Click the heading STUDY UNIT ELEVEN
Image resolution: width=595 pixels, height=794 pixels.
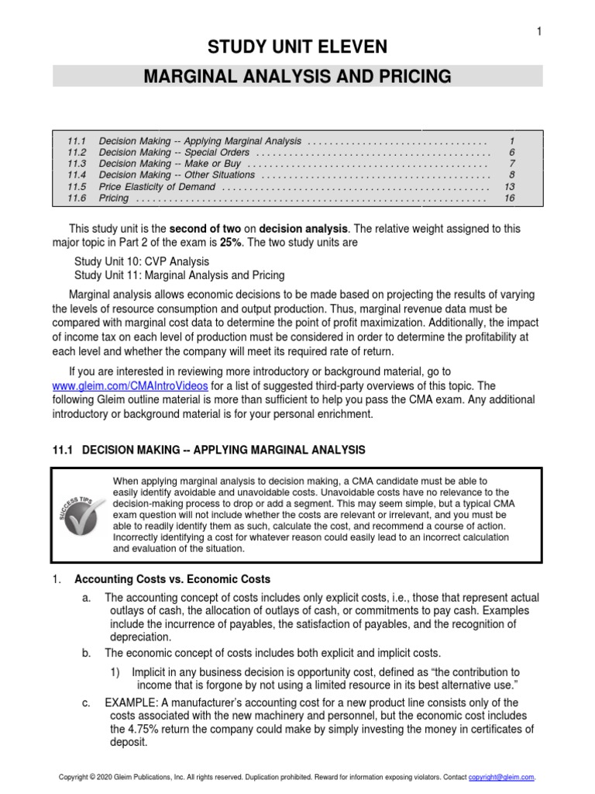(x=297, y=48)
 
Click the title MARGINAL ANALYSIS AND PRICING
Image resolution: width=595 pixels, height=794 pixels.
(x=297, y=76)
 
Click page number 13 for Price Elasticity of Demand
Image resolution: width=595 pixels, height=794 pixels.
(x=510, y=187)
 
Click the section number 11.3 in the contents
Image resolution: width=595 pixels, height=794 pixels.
(x=76, y=164)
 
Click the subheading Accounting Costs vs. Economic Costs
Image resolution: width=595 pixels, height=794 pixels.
(x=172, y=578)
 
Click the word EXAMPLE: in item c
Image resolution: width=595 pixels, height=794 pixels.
(x=132, y=701)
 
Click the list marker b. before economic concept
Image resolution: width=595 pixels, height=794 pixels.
(x=87, y=652)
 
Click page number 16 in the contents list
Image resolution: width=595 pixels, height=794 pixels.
(x=510, y=198)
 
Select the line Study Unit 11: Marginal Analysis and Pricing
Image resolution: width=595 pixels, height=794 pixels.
(x=180, y=275)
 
